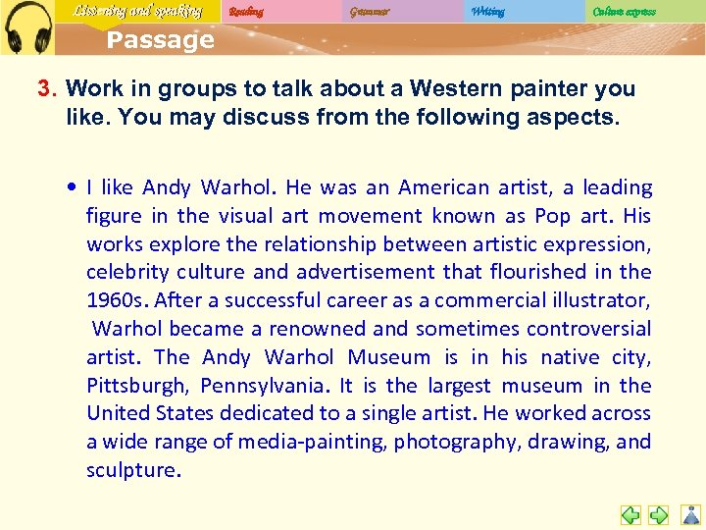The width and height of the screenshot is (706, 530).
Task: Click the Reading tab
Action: (x=245, y=12)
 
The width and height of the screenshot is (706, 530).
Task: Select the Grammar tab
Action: (x=369, y=12)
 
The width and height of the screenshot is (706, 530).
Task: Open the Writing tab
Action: (x=487, y=12)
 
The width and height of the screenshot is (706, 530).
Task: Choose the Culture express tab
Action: (x=625, y=12)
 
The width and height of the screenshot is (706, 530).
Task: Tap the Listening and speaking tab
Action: (x=137, y=12)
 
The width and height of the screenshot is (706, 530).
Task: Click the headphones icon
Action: (x=27, y=26)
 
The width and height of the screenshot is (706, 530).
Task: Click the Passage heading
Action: (x=160, y=40)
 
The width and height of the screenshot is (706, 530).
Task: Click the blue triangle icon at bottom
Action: (x=691, y=513)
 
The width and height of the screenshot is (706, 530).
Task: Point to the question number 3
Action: (x=45, y=88)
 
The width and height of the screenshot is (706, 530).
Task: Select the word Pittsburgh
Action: (x=133, y=386)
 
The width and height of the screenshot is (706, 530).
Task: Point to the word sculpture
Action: (x=131, y=470)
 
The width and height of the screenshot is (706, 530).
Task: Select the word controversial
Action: (x=589, y=329)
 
